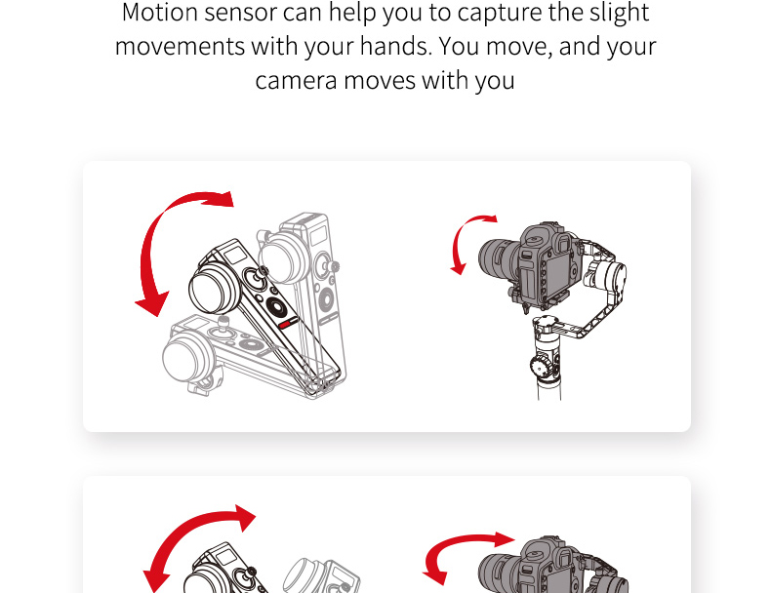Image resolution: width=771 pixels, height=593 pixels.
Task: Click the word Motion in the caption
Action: tap(160, 14)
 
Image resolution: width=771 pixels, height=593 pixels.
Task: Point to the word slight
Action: tap(616, 14)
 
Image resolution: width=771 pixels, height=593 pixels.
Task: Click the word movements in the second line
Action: tap(179, 47)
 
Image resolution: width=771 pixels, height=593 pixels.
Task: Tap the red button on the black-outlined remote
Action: tap(285, 323)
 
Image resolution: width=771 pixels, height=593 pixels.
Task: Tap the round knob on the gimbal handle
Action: tap(540, 368)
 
